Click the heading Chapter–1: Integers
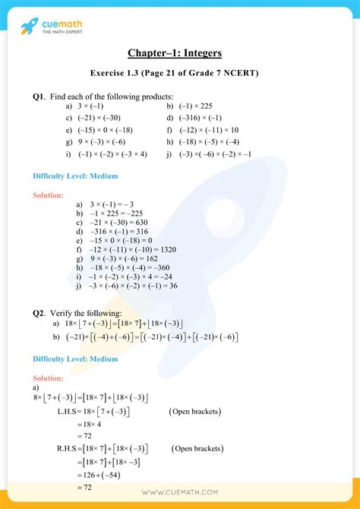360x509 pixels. [180, 54]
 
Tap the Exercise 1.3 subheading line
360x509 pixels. [180, 74]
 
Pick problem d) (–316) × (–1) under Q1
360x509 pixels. [194, 119]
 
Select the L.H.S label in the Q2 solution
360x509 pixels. [70, 412]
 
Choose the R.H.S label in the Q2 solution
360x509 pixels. [70, 448]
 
